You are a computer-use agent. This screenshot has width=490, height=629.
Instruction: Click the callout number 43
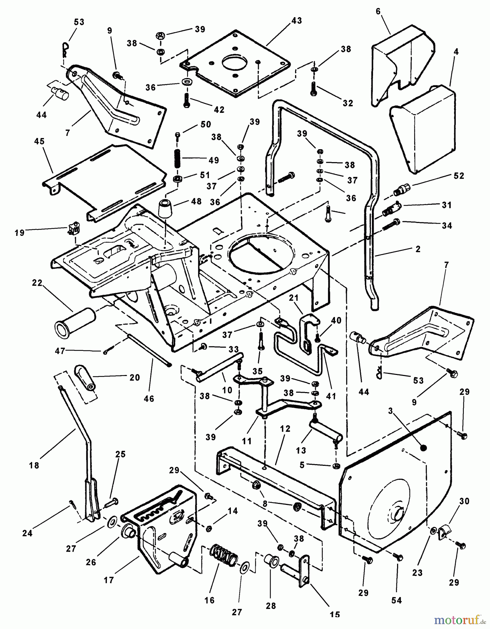coord(296,21)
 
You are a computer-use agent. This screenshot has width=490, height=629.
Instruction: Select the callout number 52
coord(459,176)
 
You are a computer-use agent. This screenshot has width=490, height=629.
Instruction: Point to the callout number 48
coord(196,201)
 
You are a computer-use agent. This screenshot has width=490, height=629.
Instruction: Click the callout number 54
coord(396,600)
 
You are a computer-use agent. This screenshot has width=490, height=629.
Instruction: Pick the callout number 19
coord(20,232)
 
